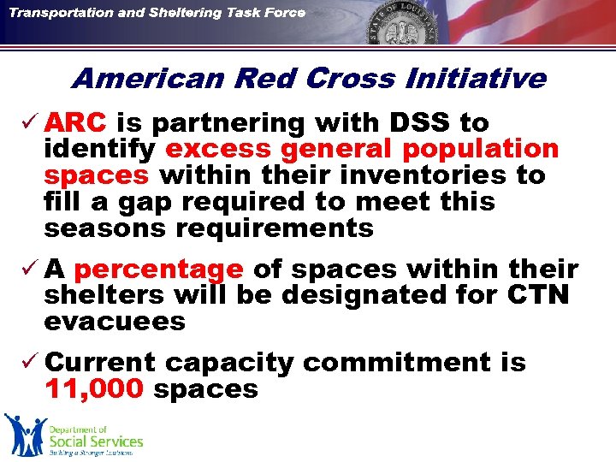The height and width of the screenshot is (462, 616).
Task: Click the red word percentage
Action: pyautogui.click(x=159, y=269)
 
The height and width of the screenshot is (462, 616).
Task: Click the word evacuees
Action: pyautogui.click(x=115, y=322)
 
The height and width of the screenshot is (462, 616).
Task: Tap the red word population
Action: pyautogui.click(x=480, y=150)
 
